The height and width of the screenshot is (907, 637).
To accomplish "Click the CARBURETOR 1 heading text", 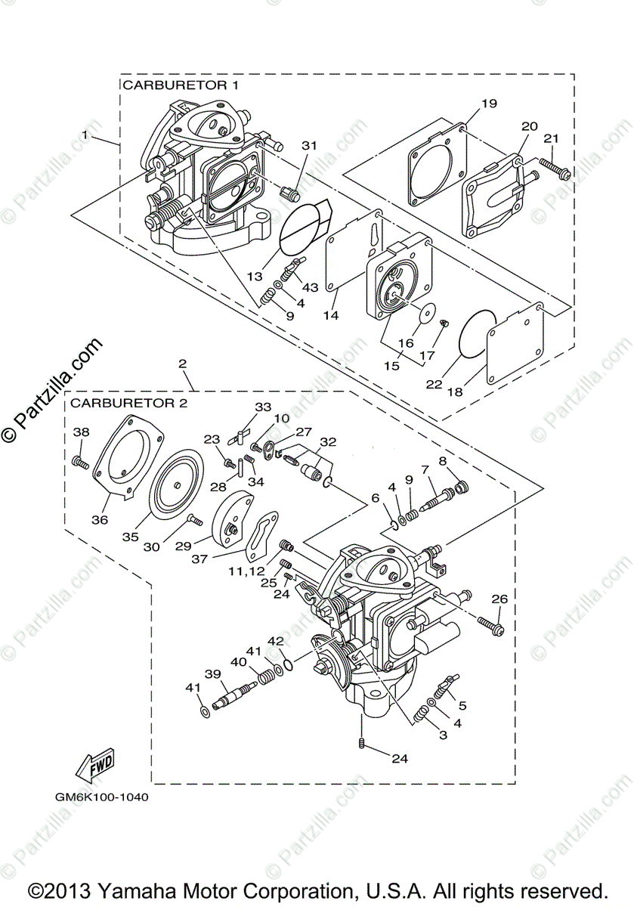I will coord(181,85).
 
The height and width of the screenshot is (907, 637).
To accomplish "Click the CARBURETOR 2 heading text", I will coord(128,403).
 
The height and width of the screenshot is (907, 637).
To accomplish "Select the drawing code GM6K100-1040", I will coord(101,797).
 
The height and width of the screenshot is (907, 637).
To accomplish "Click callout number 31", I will coord(310,144).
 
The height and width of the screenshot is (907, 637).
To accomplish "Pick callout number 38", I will coord(81,432).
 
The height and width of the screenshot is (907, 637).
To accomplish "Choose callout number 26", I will coord(499,599).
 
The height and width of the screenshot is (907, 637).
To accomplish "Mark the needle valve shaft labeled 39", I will coord(231,695).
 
